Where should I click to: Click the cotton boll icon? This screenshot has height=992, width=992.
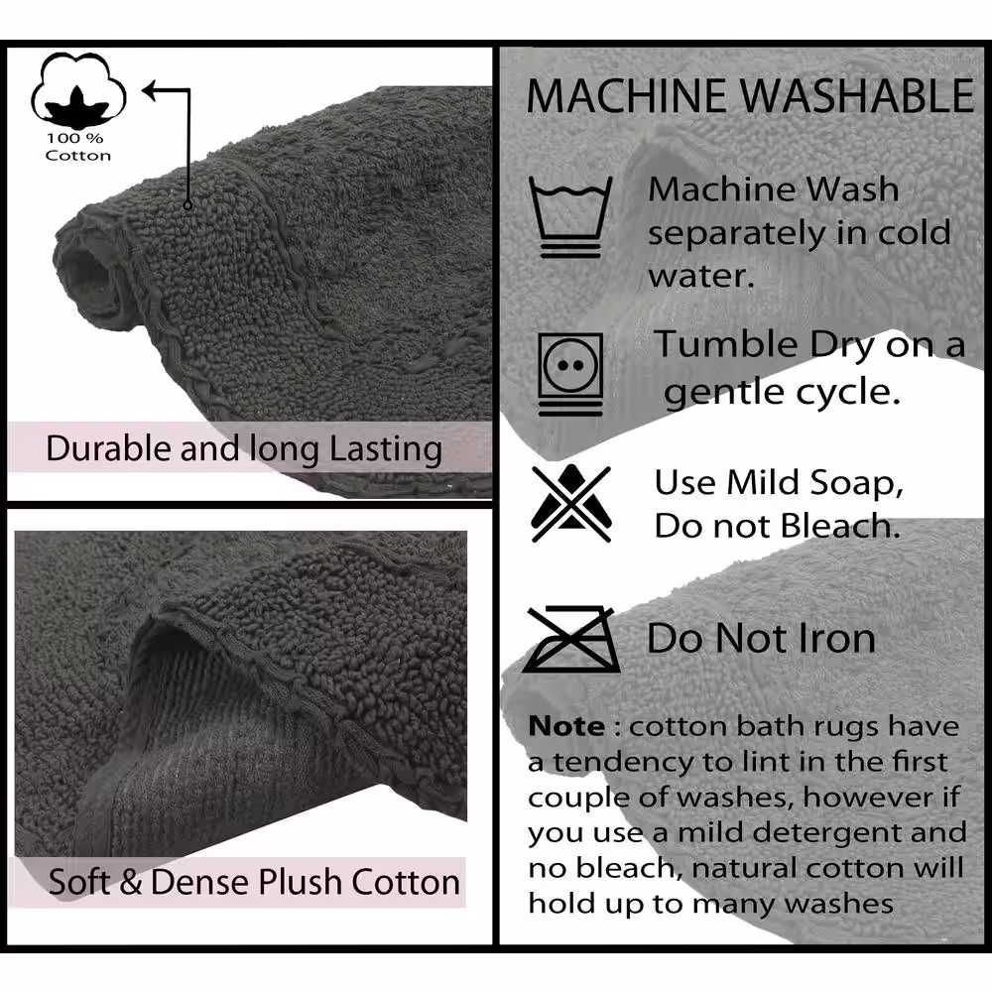point(78,90)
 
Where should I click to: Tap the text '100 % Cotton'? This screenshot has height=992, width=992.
point(77,147)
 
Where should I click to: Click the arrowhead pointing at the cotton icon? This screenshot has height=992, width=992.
point(150,90)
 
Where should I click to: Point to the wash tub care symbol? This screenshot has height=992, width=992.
point(570,217)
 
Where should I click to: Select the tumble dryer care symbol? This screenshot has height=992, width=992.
point(570,374)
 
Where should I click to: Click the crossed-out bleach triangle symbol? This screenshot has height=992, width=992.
point(571,504)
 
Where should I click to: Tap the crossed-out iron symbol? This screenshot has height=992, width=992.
point(571,639)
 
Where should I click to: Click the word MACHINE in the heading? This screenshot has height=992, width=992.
point(626,96)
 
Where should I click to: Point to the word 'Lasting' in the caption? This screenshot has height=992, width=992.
point(386,449)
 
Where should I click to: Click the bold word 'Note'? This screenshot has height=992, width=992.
point(566,726)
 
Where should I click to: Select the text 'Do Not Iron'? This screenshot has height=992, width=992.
point(761,638)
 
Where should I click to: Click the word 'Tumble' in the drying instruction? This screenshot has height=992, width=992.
point(727,345)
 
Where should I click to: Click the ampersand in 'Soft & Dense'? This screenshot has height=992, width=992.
point(130,882)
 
